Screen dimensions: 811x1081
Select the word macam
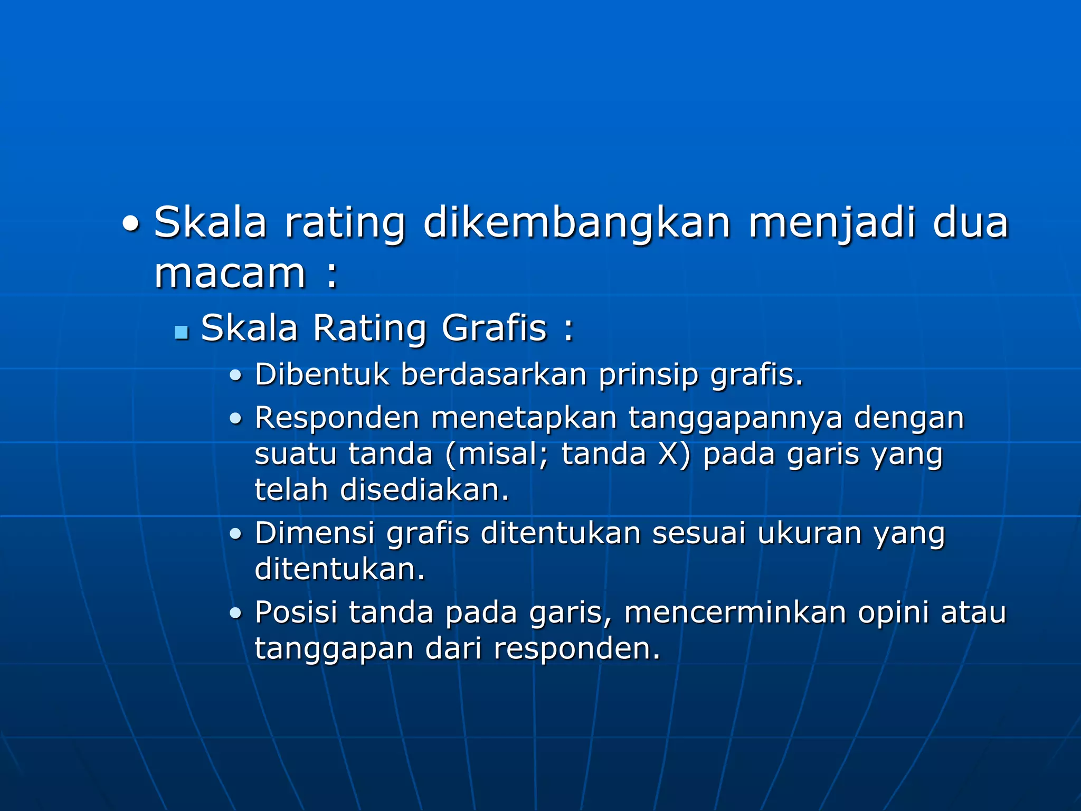point(230,274)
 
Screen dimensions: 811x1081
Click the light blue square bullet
point(182,332)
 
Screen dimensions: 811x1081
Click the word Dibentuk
point(321,374)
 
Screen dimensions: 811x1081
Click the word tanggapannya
point(735,418)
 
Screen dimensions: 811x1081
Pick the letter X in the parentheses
point(668,454)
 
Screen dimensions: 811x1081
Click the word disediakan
point(424,490)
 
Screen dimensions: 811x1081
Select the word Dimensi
point(315,533)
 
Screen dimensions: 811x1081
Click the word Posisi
point(296,612)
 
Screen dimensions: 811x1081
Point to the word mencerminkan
point(735,612)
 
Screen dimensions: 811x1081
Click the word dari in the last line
point(453,648)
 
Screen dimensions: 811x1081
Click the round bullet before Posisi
point(235,614)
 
